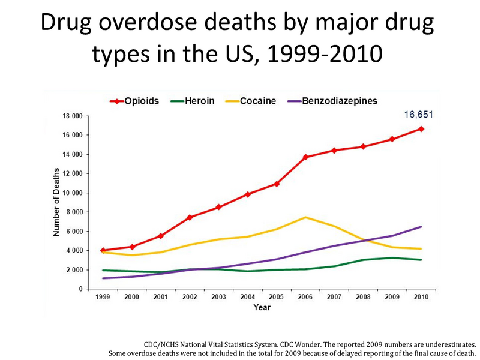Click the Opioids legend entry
tap(134, 101)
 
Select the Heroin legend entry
tap(191, 101)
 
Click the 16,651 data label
tap(418, 115)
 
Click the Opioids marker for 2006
tap(305, 157)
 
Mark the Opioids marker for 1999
tap(103, 250)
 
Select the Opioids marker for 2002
tap(190, 217)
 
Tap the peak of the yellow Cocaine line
tap(305, 217)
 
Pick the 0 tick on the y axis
tap(80, 289)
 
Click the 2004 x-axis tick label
tap(247, 297)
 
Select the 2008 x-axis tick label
tap(363, 297)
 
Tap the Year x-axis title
tap(262, 308)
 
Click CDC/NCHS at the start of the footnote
tap(163, 345)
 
